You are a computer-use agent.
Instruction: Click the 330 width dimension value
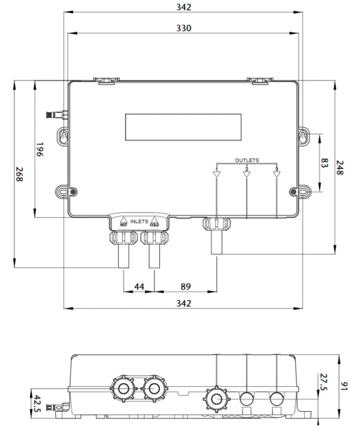183,28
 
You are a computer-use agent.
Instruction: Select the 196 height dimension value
39,149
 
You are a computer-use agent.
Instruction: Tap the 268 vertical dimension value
20,176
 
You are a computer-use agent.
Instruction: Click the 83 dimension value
324,163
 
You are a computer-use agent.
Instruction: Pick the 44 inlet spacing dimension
139,287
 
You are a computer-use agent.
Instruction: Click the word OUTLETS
247,160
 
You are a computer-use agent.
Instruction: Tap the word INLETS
139,221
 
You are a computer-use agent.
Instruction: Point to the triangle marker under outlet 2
247,174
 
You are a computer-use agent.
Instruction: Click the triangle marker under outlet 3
276,174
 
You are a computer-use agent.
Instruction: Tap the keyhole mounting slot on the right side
303,136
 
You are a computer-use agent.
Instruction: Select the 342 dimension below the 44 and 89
183,304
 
